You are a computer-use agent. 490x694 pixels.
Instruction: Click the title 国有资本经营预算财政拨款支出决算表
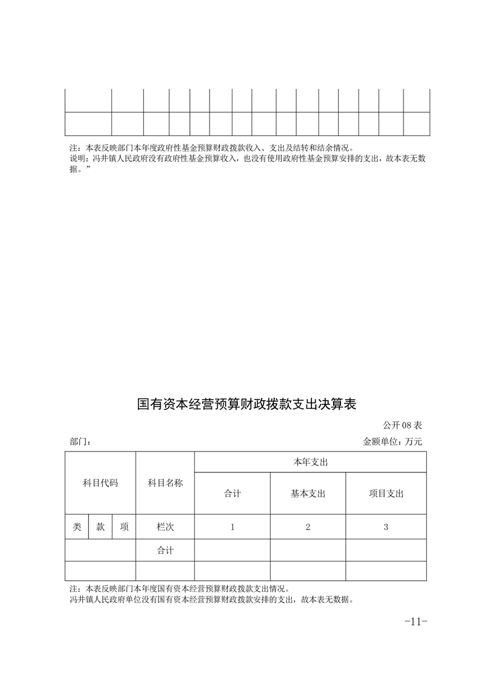pos(247,405)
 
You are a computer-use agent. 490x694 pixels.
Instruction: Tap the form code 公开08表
pos(402,425)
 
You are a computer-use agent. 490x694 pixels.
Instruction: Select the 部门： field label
pos(81,442)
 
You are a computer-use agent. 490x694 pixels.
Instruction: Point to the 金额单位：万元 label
pos(392,442)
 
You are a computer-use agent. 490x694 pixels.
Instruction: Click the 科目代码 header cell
pos(100,483)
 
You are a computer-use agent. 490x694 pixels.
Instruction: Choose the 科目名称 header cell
pos(165,483)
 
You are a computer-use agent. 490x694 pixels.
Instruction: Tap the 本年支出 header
pos(310,462)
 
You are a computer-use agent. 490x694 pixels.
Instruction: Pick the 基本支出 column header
pos(308,494)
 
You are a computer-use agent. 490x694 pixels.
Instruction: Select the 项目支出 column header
pos(386,494)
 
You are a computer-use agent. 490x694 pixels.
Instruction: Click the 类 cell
pos(77,527)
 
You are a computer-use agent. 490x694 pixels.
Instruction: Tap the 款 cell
pos(100,527)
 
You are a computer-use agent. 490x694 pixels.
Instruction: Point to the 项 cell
pos(124,527)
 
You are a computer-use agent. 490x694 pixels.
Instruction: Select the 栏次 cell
pos(165,527)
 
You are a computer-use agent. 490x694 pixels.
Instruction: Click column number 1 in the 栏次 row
pos(232,527)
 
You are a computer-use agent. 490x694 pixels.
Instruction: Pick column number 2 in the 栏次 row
pos(308,527)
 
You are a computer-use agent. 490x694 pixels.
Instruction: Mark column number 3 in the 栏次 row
pos(386,527)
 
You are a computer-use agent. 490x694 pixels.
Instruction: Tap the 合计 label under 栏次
pos(165,550)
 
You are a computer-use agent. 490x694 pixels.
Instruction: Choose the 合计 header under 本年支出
pos(232,494)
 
